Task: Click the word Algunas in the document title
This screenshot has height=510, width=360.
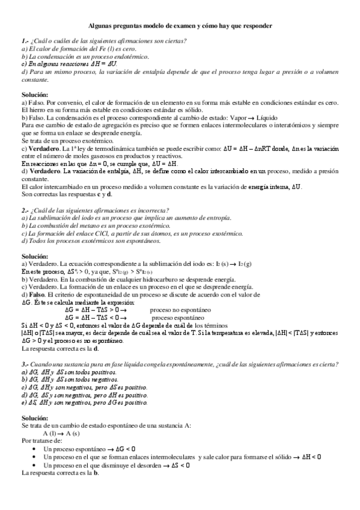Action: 100,26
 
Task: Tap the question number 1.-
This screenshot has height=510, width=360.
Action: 25,41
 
